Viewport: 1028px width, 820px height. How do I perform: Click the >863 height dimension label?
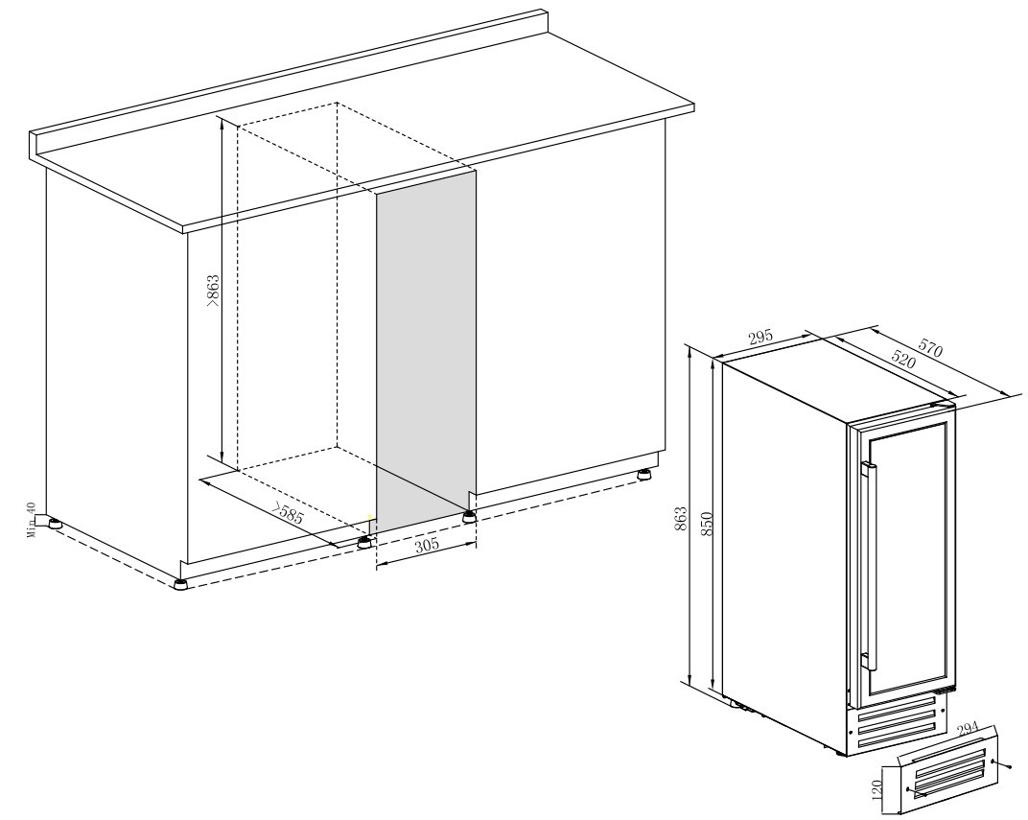[x=213, y=292]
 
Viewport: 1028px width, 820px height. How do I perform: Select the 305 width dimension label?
[x=427, y=545]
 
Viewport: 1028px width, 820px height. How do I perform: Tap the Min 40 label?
[x=30, y=521]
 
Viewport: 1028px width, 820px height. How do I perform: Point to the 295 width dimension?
[x=761, y=338]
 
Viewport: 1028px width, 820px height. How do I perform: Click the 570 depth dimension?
[x=930, y=347]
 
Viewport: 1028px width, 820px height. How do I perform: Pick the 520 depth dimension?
[x=902, y=358]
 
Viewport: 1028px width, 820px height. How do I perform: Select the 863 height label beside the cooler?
[x=681, y=519]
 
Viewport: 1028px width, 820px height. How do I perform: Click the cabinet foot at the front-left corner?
[x=180, y=585]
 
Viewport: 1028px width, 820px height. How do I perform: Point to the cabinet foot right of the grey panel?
[x=469, y=517]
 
